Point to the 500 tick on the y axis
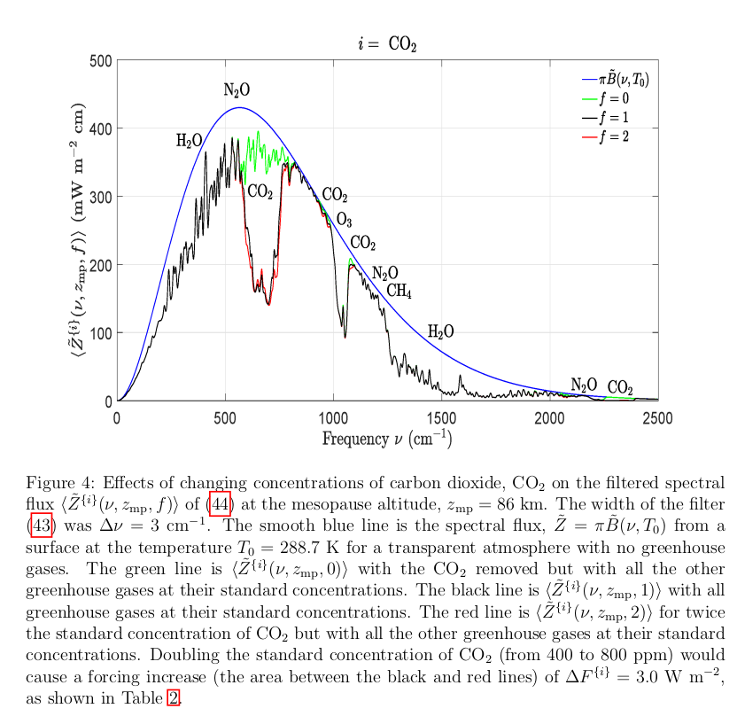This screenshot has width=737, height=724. click(x=102, y=60)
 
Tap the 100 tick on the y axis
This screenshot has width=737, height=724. click(x=102, y=333)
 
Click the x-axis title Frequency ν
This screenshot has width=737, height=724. click(x=387, y=438)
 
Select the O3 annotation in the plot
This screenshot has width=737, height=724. click(x=344, y=221)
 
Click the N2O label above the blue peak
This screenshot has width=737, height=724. click(x=237, y=90)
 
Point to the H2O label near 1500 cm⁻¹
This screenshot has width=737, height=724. click(x=441, y=331)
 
